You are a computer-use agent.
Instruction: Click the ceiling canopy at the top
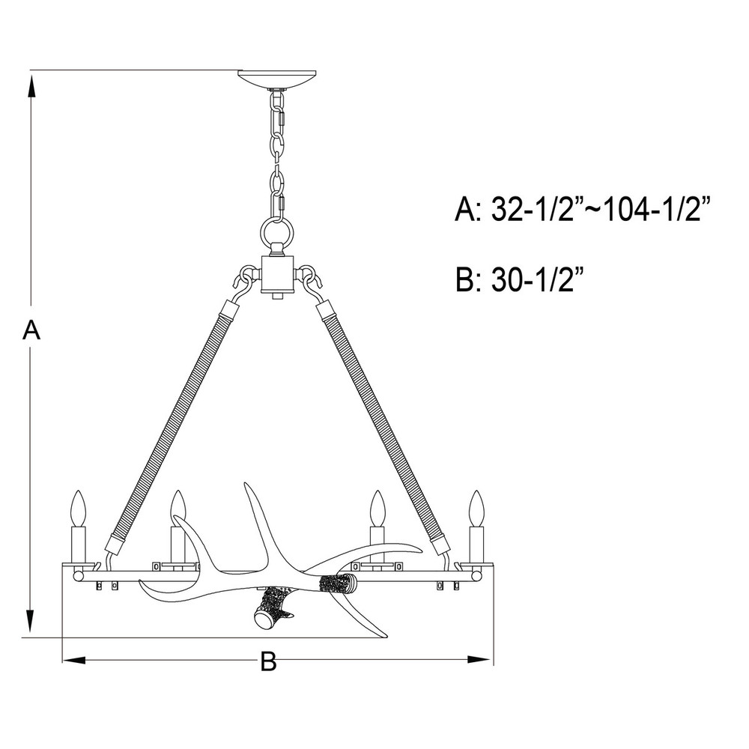[277, 79]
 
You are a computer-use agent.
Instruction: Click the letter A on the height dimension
[31, 330]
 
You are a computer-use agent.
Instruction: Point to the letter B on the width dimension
[268, 661]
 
